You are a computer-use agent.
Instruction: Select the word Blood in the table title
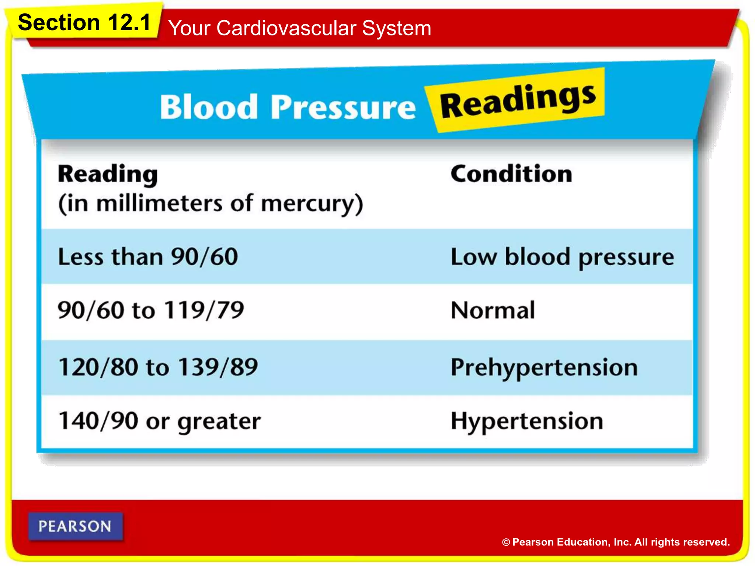(x=209, y=107)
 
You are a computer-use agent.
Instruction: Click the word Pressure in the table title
(x=343, y=107)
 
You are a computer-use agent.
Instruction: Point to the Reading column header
(x=108, y=174)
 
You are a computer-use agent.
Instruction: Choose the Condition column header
(x=511, y=174)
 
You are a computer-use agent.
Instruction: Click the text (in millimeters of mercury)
(x=211, y=203)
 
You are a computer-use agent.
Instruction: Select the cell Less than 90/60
(x=148, y=257)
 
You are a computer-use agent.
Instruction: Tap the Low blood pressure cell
(x=562, y=257)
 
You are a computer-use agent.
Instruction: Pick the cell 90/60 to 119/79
(x=151, y=310)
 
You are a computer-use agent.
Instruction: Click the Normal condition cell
(x=493, y=310)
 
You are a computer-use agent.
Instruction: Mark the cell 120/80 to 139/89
(x=158, y=367)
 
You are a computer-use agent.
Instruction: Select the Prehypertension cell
(x=544, y=367)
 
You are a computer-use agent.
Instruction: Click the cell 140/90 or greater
(x=160, y=421)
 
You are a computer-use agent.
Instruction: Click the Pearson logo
(x=75, y=526)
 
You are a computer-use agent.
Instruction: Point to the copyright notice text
(x=616, y=542)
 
